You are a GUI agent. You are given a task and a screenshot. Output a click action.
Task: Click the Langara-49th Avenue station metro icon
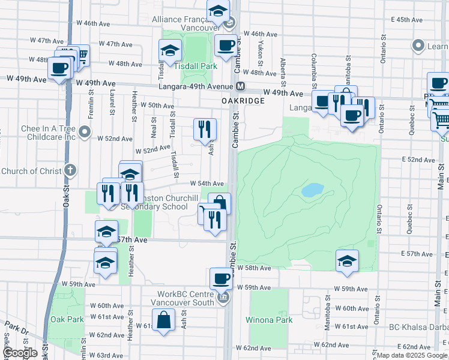pos(240,86)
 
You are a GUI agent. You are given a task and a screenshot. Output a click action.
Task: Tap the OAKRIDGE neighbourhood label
pos(243,101)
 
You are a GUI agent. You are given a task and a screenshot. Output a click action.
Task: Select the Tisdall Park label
pos(195,66)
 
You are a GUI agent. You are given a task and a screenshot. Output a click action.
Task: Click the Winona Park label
pos(269,320)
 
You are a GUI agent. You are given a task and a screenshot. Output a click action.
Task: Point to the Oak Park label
pos(67,319)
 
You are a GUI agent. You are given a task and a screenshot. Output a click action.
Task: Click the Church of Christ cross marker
pos(71,171)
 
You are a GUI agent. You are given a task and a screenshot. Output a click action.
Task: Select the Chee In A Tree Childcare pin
pos(86,131)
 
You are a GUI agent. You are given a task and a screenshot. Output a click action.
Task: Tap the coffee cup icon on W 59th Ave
pos(221,278)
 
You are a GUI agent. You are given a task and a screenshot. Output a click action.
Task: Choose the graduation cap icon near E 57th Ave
pos(347,260)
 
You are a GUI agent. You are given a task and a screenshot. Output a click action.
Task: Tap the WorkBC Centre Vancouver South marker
pos(223,298)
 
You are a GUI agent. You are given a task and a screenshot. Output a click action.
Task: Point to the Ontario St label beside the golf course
pos(379,220)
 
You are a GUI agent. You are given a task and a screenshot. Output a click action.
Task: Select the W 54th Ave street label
pos(207,184)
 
